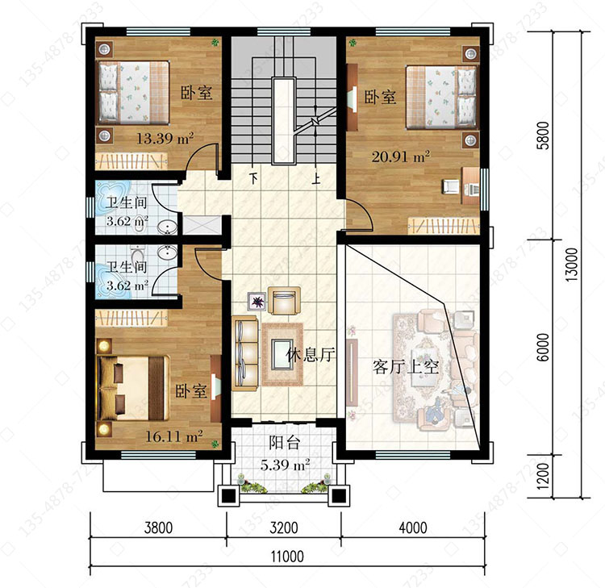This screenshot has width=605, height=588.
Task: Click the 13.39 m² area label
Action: pos(165,138)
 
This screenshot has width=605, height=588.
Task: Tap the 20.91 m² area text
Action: pos(401,156)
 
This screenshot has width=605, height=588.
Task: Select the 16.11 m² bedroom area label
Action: pos(174,436)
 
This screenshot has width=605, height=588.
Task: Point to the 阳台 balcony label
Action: pos(285,443)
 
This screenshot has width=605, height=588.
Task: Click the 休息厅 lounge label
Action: pos(311,354)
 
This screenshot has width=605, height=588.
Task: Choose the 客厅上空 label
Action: pos(406,366)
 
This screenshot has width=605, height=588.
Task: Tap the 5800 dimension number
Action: pos(543,136)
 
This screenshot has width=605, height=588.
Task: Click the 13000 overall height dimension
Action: pos(572,265)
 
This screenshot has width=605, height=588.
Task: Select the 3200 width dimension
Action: pos(284,528)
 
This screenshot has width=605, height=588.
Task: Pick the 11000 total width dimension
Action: pos(287,557)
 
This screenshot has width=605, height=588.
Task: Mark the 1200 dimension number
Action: pos(543,476)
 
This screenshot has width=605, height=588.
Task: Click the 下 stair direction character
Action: pos(253,178)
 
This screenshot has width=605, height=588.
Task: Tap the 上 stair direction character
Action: pos(316,178)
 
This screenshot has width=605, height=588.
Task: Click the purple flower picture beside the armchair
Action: pos(257,302)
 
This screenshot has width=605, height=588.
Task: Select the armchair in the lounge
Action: pos(285,300)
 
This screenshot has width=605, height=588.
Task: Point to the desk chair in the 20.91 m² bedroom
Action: pos(450,186)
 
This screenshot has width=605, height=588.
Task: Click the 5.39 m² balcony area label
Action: pos(285,465)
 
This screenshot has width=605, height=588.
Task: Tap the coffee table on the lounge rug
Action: pos(282,354)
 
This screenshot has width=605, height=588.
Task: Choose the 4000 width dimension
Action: pos(412,528)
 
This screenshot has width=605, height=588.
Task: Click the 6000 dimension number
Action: pos(543,348)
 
